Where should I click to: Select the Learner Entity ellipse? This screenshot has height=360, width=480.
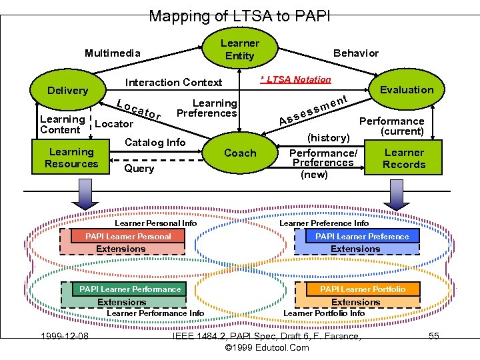coord(239,49)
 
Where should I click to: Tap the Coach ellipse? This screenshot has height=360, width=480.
coord(239,153)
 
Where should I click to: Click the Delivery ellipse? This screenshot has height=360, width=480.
coord(67,91)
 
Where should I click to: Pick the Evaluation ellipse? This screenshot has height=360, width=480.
coord(406,90)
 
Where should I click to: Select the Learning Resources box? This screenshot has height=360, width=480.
coord(71,158)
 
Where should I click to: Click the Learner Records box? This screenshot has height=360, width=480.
coord(403,159)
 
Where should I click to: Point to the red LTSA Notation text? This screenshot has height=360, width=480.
coord(295,79)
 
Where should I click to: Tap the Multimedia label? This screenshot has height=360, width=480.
coord(113,53)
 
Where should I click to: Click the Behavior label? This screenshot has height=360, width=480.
coord(355,53)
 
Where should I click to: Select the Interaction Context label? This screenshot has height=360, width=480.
coord(173,83)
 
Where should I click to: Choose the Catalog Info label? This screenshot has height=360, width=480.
coord(155,142)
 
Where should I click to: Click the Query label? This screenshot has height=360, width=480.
coord(139,169)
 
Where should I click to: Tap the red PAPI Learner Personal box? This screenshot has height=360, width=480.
coord(128,236)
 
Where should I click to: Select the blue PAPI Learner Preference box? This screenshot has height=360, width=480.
coord(362,236)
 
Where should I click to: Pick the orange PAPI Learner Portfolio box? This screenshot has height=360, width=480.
coord(362,289)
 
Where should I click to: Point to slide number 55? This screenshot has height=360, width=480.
coord(433,336)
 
